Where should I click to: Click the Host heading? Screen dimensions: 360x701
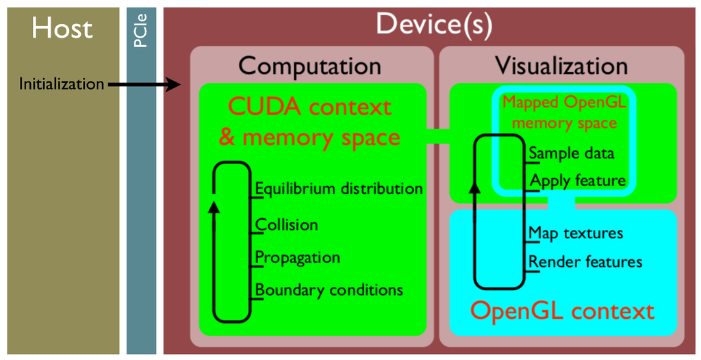62,29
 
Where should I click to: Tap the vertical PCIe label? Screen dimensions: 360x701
140,33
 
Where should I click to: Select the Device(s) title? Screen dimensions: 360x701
434,25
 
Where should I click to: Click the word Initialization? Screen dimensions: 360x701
62,84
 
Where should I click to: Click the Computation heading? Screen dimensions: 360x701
309,66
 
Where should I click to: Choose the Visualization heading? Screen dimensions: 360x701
561,66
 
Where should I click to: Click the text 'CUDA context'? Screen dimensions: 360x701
309,107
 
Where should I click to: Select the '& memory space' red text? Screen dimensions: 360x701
309,137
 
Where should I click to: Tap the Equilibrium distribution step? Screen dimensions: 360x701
339,188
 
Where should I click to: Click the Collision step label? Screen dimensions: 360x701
287,224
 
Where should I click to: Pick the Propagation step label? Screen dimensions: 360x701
298,257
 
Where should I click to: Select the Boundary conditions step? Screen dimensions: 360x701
329,290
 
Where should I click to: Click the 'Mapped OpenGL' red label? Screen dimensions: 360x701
565,103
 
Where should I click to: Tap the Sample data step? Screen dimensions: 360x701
572,153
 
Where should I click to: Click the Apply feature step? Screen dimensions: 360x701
578,181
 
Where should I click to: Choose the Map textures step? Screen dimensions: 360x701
576,233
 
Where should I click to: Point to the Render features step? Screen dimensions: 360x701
585,261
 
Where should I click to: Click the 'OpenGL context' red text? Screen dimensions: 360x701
563,311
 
